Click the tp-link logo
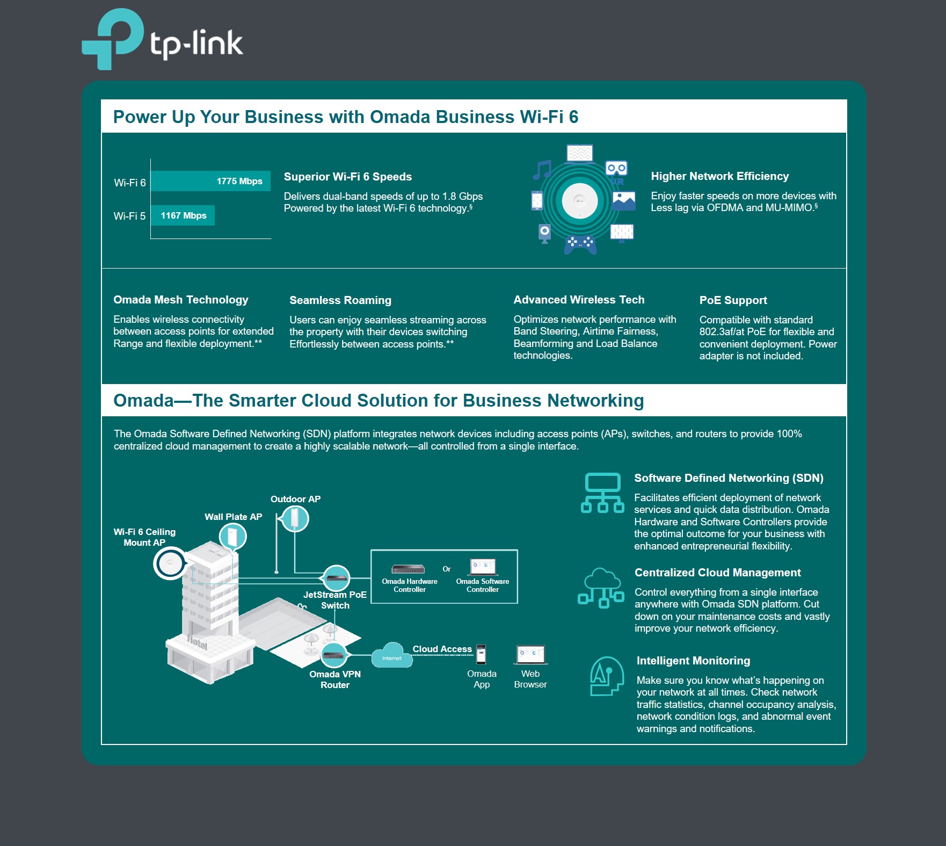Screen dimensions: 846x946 click(x=162, y=40)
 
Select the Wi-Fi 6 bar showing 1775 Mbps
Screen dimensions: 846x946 click(x=210, y=181)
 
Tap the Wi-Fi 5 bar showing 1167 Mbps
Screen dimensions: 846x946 click(x=183, y=215)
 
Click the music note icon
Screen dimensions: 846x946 click(x=542, y=170)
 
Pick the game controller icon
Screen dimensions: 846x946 click(x=580, y=243)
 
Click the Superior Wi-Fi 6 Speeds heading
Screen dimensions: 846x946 click(x=347, y=177)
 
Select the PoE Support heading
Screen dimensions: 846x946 click(x=733, y=300)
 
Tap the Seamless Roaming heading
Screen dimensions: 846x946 click(x=340, y=300)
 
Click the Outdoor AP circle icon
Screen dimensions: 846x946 click(x=295, y=519)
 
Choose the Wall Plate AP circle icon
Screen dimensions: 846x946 click(x=233, y=536)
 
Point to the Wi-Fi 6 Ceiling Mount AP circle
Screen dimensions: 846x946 click(x=170, y=563)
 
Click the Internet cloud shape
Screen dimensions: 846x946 click(x=392, y=656)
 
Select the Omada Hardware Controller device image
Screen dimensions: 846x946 click(x=408, y=569)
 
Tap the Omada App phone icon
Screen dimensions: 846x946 click(x=481, y=654)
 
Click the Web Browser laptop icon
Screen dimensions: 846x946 click(x=530, y=654)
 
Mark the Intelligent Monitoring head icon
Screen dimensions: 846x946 click(x=607, y=676)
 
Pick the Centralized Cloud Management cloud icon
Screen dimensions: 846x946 click(x=601, y=588)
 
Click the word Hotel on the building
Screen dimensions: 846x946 click(x=197, y=641)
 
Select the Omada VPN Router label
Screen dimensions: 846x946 click(x=335, y=679)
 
